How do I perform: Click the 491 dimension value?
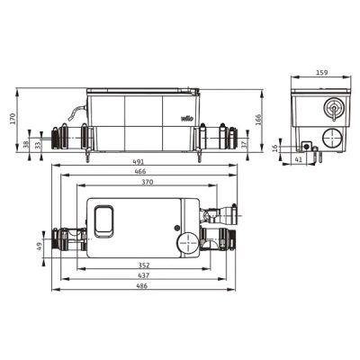pyautogui.click(x=138, y=162)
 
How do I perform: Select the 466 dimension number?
pyautogui.click(x=140, y=172)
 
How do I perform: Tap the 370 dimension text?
pyautogui.click(x=148, y=182)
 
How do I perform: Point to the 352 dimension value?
pyautogui.click(x=144, y=265)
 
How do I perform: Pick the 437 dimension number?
pyautogui.click(x=144, y=275)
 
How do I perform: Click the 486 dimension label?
pyautogui.click(x=142, y=286)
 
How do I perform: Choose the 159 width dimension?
pyautogui.click(x=322, y=73)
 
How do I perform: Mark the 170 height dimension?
pyautogui.click(x=13, y=120)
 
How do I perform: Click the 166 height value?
pyautogui.click(x=258, y=120)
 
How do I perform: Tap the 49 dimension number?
pyautogui.click(x=39, y=247)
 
